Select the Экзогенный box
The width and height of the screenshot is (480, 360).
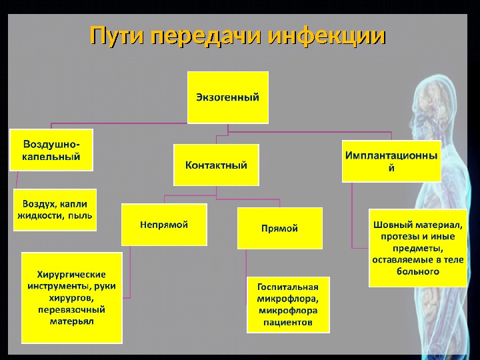pos(227,97)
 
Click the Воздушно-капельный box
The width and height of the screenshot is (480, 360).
pos(51,150)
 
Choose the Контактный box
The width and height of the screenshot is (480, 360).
pos(216,165)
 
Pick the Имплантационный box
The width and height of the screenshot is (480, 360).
pos(391,161)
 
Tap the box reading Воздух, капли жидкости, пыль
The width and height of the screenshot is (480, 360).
pos(55,209)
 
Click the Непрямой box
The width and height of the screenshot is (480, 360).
pos(164,225)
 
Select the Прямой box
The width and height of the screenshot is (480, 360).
pos(279,229)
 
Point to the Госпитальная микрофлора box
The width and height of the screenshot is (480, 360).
pos(289,304)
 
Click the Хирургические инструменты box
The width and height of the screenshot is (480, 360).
pos(72,297)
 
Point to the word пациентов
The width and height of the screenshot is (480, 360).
pos(289,322)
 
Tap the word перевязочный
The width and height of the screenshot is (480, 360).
pos(72,309)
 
